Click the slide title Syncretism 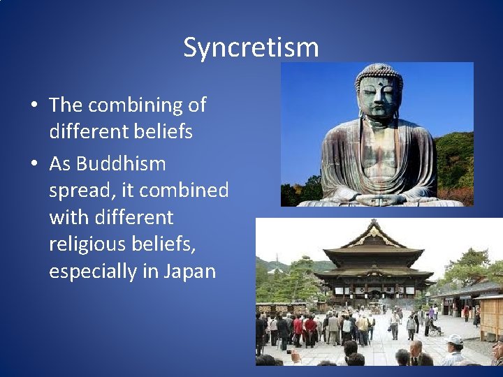[251, 47]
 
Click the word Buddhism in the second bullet [121, 164]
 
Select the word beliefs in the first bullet [161, 131]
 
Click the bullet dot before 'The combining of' [34, 106]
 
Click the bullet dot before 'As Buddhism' [34, 165]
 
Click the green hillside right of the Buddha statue [454, 161]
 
